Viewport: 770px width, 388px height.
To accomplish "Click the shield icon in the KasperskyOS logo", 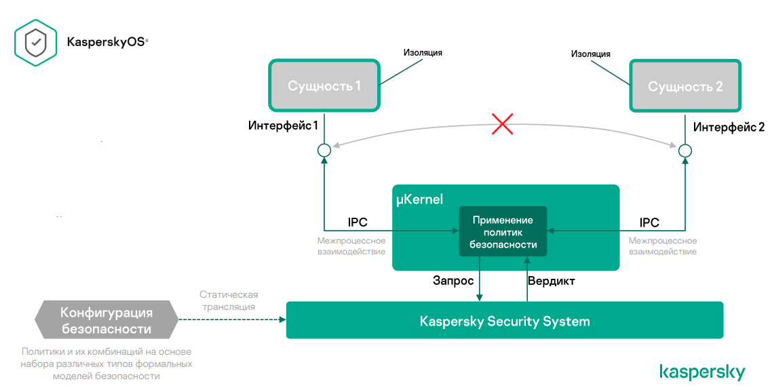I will point(36,42).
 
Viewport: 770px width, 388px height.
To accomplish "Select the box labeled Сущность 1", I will point(324,86).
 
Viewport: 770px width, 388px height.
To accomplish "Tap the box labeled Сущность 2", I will point(685,86).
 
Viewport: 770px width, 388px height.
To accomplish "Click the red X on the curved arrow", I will point(502,124).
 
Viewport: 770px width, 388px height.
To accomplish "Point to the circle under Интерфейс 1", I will point(324,150).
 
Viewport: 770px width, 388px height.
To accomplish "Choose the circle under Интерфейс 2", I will point(685,150).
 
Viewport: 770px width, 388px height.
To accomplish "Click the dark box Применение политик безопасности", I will point(503,232).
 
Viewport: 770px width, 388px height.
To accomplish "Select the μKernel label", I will point(419,199).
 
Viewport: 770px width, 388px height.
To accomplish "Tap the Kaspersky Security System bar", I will point(505,321).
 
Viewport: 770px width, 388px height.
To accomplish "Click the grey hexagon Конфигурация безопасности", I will point(106,321).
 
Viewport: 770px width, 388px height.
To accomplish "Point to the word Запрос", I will point(453,280).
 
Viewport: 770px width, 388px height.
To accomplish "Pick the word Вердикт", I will point(552,280).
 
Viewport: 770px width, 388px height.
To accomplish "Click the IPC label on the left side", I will point(358,223).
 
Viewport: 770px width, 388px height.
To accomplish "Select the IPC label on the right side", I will point(649,223).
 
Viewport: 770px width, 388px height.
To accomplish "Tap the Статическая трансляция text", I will point(229,300).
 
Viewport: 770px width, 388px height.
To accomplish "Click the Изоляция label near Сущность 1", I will point(423,52).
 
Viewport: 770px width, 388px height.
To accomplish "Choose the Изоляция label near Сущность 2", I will point(590,54).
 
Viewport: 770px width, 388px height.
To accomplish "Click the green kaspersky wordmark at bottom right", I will point(702,372).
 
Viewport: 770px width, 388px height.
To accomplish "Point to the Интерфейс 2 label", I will point(729,127).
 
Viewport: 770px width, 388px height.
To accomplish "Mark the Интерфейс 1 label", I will point(283,126).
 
